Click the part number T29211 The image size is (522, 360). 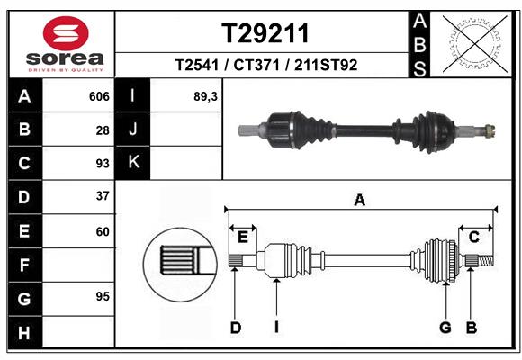(265, 33)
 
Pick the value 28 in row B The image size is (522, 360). (102, 130)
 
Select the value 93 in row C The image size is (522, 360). (102, 164)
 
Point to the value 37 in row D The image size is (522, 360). (102, 196)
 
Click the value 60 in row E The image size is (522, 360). (102, 230)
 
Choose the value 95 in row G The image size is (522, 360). (102, 296)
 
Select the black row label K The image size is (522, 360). (133, 163)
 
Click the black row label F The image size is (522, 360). (24, 265)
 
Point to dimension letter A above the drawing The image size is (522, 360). (360, 201)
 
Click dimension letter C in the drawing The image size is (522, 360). (473, 238)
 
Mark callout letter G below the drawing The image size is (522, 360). (445, 328)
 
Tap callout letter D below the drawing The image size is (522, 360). (235, 328)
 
